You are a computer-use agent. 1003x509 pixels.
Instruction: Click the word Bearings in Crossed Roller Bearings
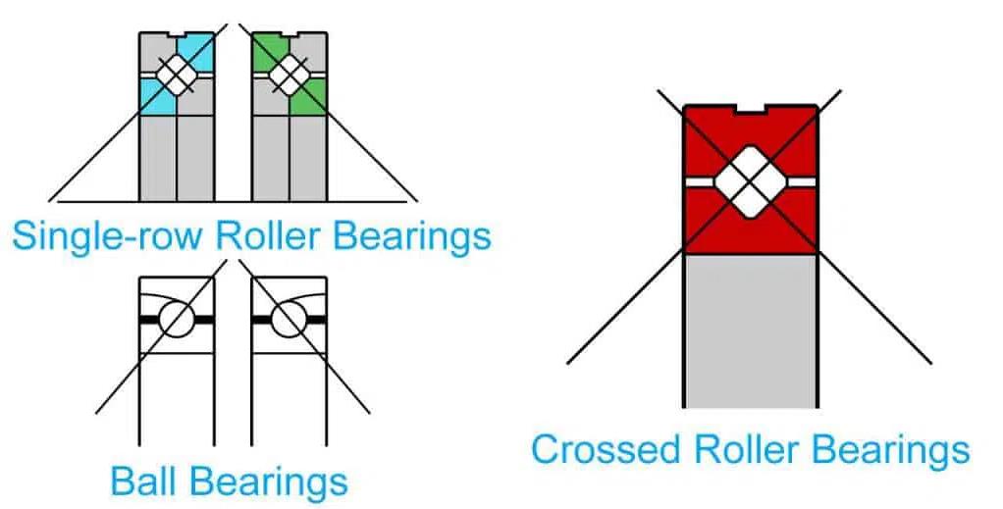tap(888, 450)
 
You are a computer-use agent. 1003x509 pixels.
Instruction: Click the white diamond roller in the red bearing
tap(750, 180)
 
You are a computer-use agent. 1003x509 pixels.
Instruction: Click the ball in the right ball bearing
tap(288, 319)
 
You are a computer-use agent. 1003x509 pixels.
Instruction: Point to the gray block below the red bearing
tap(750, 329)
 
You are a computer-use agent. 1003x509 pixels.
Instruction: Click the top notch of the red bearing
tap(750, 110)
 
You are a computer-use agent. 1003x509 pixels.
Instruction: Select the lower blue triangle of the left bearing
tap(154, 98)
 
